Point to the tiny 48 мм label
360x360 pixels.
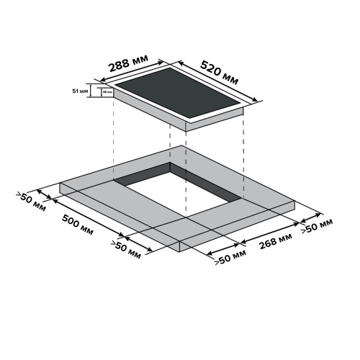click(x=107, y=92)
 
